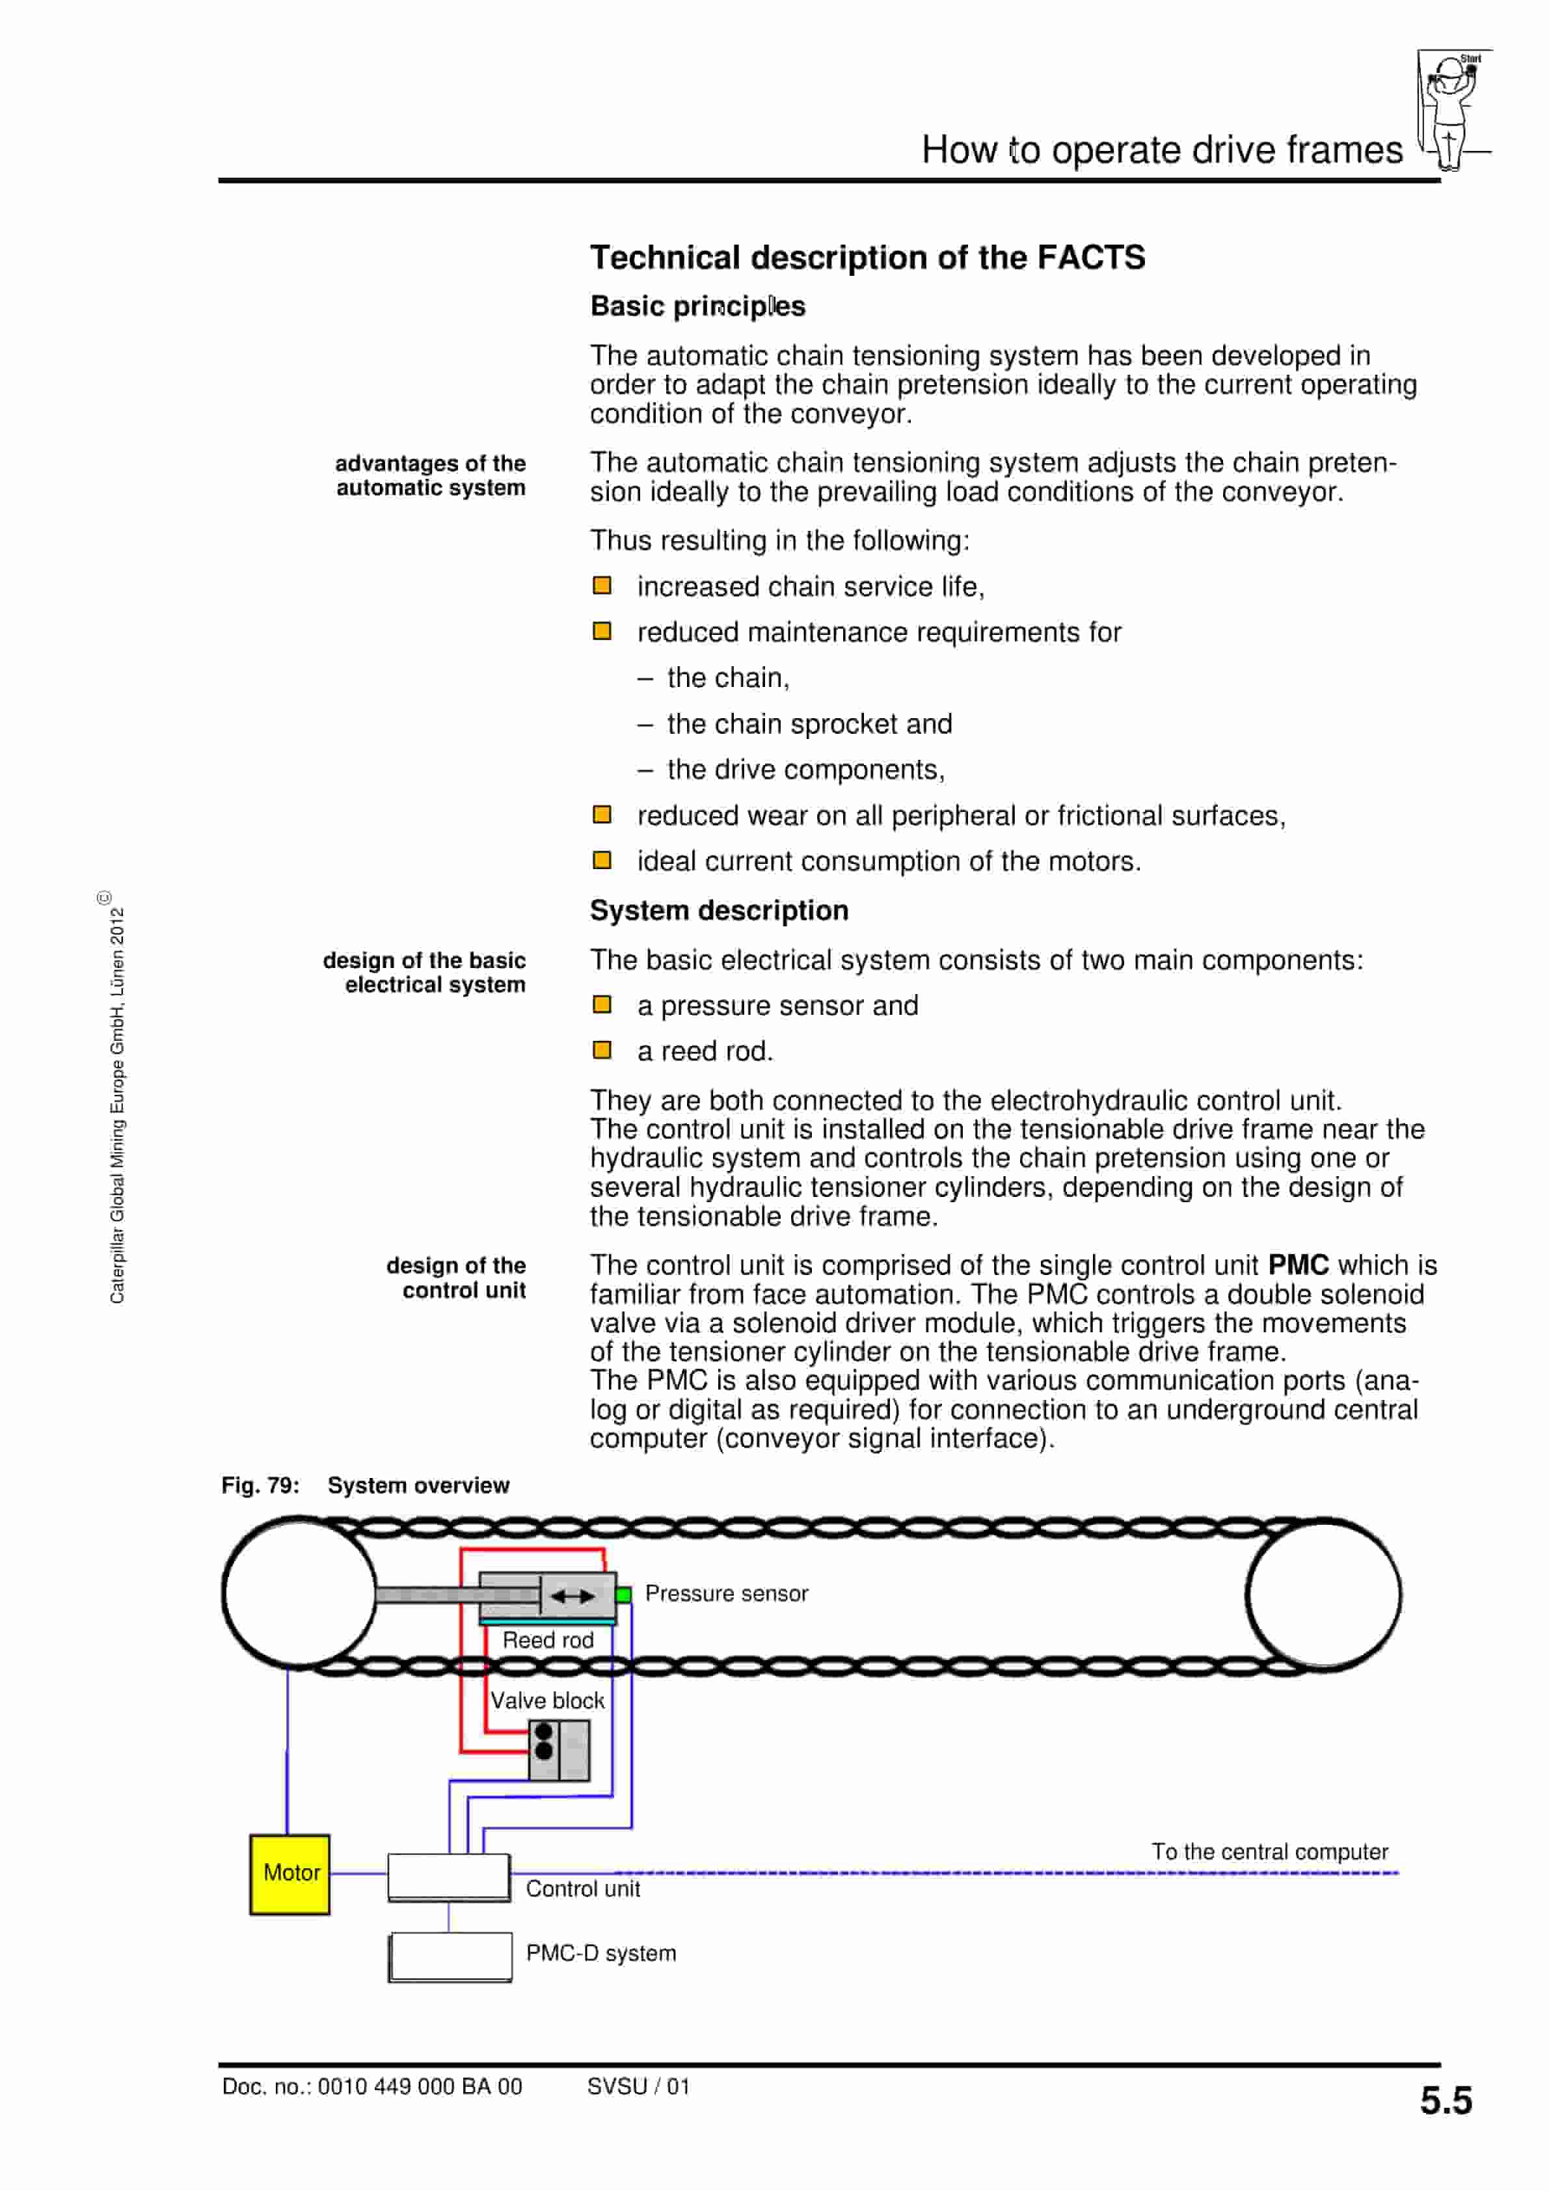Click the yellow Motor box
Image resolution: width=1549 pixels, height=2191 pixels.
pos(290,1874)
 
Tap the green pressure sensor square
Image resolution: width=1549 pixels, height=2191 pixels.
pos(623,1594)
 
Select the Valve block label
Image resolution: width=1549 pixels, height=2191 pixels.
pos(547,1700)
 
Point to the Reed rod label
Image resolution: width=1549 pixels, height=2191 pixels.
pos(548,1639)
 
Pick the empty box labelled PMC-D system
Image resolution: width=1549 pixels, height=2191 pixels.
pos(450,1956)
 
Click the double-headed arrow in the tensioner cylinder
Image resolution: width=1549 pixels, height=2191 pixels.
pos(572,1596)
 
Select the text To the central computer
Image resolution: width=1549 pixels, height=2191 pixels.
pos(1269,1851)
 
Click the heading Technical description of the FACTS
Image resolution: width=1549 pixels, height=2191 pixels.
pos(867,258)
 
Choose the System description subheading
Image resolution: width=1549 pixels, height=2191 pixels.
pos(719,910)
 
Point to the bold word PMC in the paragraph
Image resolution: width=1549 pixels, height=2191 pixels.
pos(1298,1265)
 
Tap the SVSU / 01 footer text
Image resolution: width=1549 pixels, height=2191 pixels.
pos(638,2086)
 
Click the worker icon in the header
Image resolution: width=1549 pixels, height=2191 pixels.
pos(1451,110)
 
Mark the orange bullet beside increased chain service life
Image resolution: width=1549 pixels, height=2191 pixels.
pos(602,585)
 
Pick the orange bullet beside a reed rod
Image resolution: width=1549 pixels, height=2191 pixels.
pos(602,1050)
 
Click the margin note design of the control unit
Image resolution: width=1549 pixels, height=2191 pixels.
pos(456,1278)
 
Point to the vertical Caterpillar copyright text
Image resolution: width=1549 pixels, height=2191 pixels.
pos(116,1097)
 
